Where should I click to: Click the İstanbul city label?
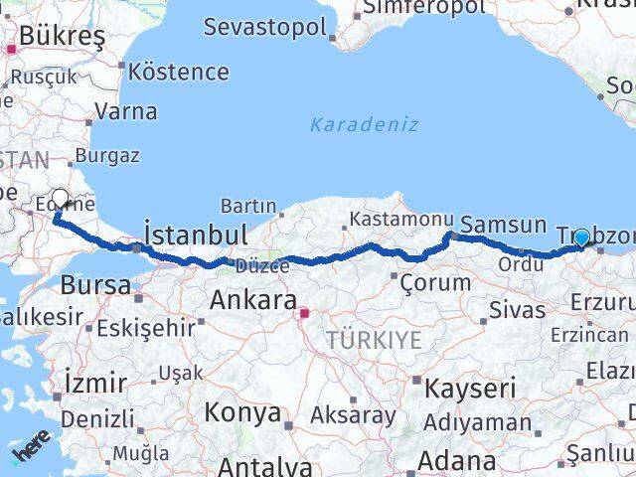(x=196, y=235)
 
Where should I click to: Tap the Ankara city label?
(x=252, y=300)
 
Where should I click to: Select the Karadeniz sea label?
(x=364, y=125)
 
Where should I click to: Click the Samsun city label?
(x=504, y=225)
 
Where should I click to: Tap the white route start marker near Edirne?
(x=60, y=198)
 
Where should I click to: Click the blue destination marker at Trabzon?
(x=581, y=238)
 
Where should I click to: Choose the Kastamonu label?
(x=386, y=218)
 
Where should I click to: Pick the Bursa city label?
(x=95, y=286)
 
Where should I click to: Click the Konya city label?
(x=242, y=413)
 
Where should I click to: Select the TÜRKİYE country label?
(x=374, y=341)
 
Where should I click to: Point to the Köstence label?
(x=179, y=73)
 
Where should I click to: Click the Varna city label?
(x=128, y=111)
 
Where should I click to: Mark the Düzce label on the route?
(x=262, y=266)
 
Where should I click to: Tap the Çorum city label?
(x=434, y=283)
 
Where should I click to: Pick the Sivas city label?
(x=517, y=310)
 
